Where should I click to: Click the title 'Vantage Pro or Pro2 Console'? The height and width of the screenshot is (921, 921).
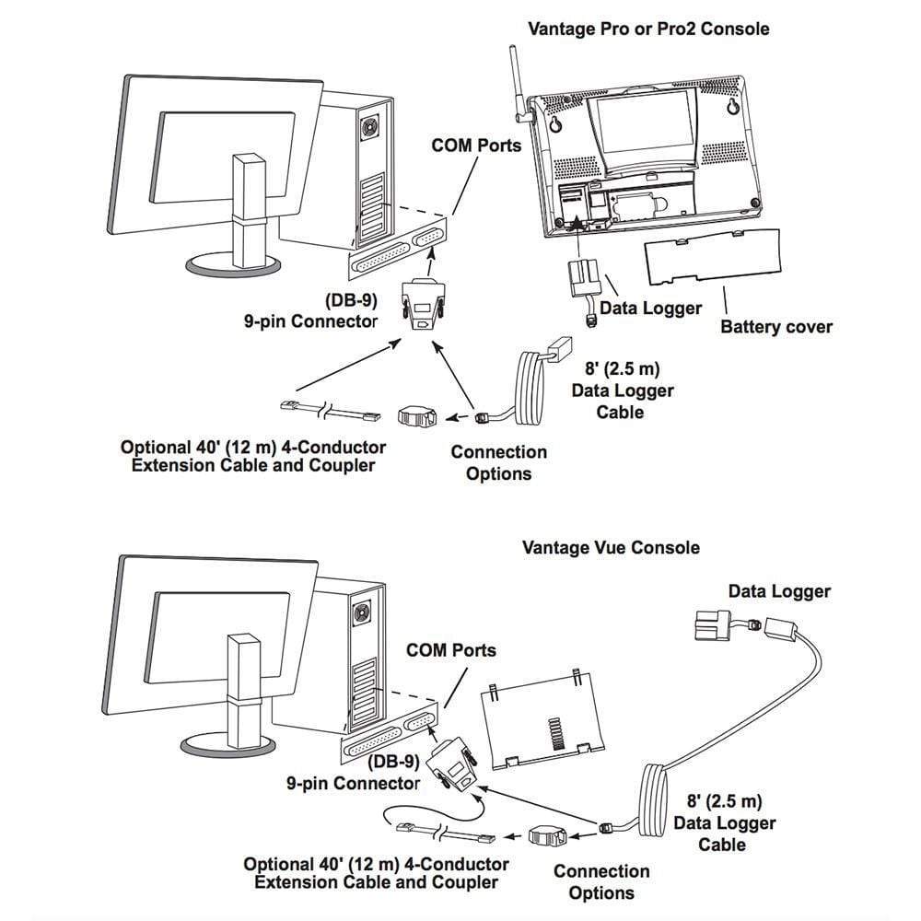point(648,29)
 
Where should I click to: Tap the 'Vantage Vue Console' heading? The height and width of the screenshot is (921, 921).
point(611,547)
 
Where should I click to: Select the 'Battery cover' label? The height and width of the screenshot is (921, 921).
point(775,326)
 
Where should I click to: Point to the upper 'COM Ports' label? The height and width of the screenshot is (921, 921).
point(476,145)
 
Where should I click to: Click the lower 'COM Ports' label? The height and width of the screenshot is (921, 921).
point(450,649)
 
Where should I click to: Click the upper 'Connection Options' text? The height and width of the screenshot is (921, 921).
point(498,462)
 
